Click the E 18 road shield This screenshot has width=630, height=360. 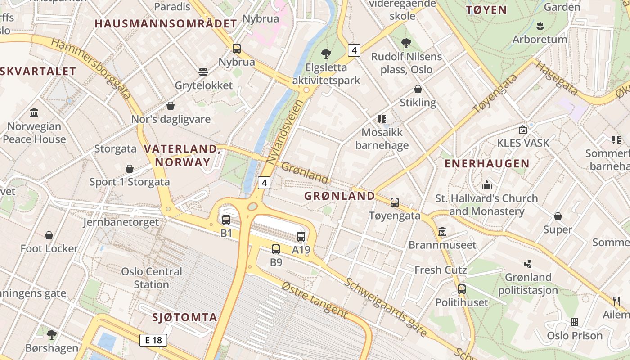153,340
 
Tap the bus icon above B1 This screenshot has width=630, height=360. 226,220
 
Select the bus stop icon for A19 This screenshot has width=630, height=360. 301,237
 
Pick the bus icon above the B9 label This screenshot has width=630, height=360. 276,249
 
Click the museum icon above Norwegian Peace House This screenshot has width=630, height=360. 34,112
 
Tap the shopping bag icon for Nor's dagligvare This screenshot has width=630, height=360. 171,106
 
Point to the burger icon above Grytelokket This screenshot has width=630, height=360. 203,72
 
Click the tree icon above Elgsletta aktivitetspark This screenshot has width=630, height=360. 326,54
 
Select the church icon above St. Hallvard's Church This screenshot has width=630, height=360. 487,185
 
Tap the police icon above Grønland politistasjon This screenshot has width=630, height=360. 528,264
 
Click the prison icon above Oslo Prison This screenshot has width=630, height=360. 575,322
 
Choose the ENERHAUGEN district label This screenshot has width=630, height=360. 487,164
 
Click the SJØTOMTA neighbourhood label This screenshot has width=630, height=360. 185,317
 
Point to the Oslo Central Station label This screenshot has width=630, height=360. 152,278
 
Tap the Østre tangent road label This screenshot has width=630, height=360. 315,300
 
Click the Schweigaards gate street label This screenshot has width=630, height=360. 386,307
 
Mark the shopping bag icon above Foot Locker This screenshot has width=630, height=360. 49,235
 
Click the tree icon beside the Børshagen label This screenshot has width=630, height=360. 52,334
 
